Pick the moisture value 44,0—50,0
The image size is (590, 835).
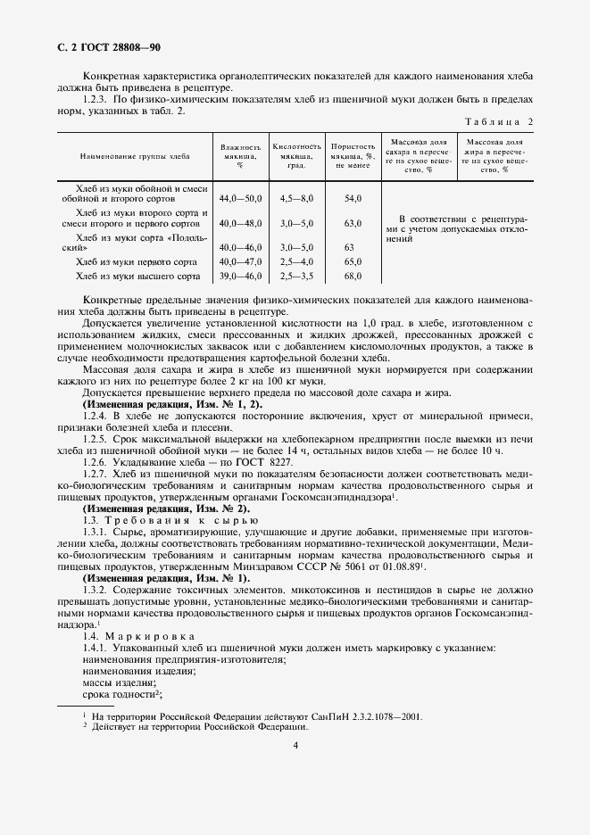click(x=240, y=198)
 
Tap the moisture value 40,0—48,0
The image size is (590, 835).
click(x=240, y=223)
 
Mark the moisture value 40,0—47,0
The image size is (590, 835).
click(x=240, y=262)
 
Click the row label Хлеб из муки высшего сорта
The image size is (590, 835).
click(x=141, y=277)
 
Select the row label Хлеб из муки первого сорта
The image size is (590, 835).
click(x=141, y=262)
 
